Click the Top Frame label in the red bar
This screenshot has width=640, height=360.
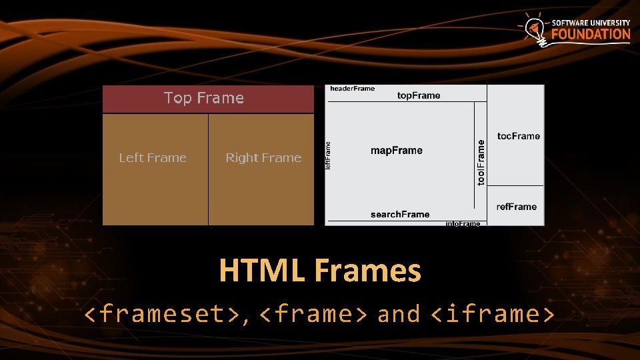point(204,98)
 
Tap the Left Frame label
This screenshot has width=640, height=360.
point(153,158)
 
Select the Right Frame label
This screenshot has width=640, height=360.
point(263,158)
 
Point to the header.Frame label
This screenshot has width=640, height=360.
point(353,89)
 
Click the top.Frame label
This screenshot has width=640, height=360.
point(419,95)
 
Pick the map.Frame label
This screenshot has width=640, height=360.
point(397,151)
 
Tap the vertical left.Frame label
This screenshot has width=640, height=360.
point(327,154)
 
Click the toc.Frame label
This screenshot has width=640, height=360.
point(519,136)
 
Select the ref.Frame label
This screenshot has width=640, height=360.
point(517,207)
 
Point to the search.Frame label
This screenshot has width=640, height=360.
point(400,214)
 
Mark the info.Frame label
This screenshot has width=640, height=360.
point(463,224)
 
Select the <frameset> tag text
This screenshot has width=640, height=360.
point(164,313)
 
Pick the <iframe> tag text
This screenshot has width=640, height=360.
point(493,313)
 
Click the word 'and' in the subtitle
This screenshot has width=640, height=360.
point(399,313)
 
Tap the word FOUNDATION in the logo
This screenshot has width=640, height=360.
point(591,34)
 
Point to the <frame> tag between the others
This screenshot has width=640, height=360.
point(313,313)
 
